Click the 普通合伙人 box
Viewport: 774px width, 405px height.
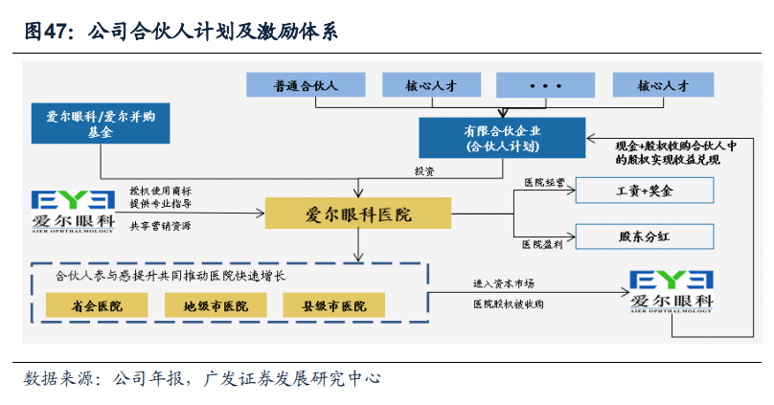coord(306,85)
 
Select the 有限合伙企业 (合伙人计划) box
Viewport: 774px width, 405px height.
coord(502,138)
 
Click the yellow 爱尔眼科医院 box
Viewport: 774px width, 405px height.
coord(357,214)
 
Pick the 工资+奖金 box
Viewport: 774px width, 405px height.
coord(645,191)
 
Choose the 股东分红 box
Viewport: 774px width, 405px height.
coord(645,235)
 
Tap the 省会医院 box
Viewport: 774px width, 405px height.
coord(97,305)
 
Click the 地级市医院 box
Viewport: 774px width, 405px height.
coord(216,305)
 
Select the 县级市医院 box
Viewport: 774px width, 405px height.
coord(334,305)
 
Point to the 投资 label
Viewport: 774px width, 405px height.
coord(424,171)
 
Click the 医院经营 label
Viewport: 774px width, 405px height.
coord(543,181)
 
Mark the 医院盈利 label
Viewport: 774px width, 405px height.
coord(543,245)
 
